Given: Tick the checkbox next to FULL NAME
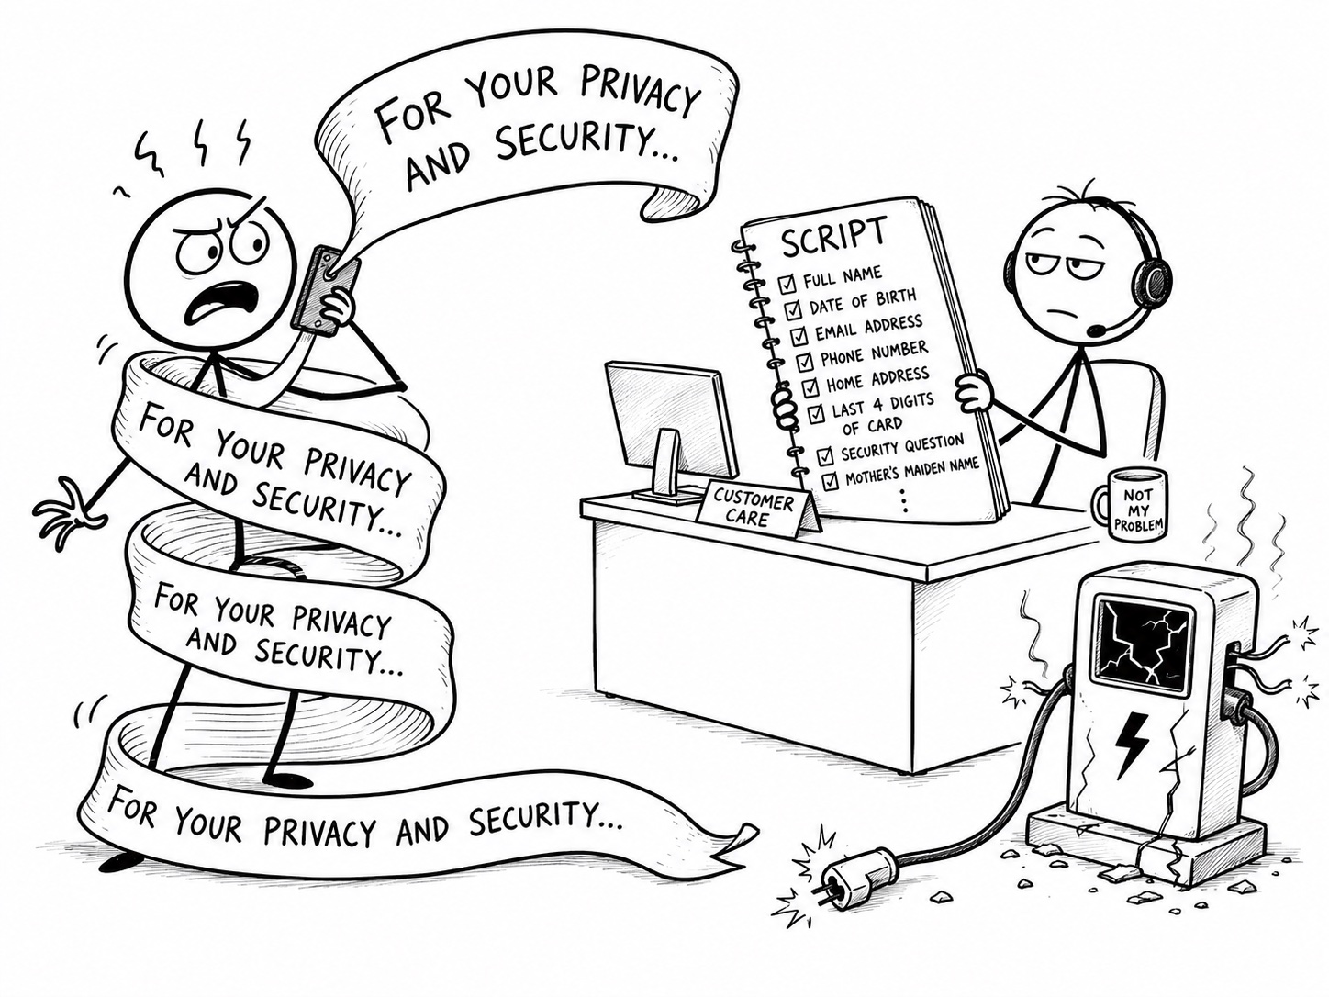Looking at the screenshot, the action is (787, 283).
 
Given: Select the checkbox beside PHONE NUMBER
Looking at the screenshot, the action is (805, 362).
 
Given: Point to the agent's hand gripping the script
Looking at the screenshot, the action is (972, 393).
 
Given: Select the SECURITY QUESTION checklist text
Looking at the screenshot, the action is (901, 447).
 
